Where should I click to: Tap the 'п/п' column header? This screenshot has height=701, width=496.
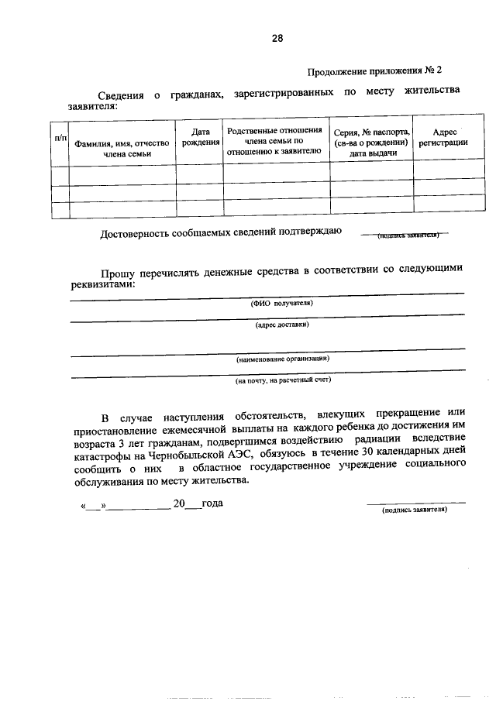(x=60, y=137)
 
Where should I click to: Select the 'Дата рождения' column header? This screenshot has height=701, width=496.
(x=200, y=138)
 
